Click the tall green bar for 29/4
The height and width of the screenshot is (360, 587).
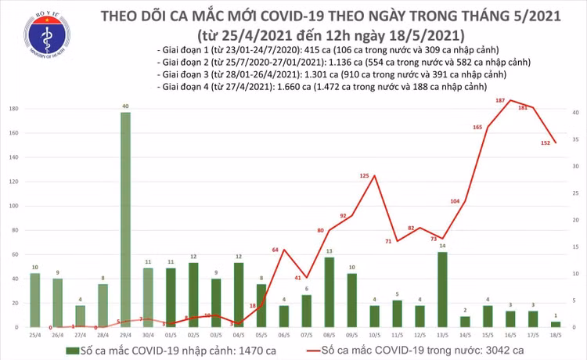(125, 219)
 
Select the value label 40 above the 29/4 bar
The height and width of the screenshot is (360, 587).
(125, 106)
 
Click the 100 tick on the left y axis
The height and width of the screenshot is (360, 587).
(14, 206)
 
